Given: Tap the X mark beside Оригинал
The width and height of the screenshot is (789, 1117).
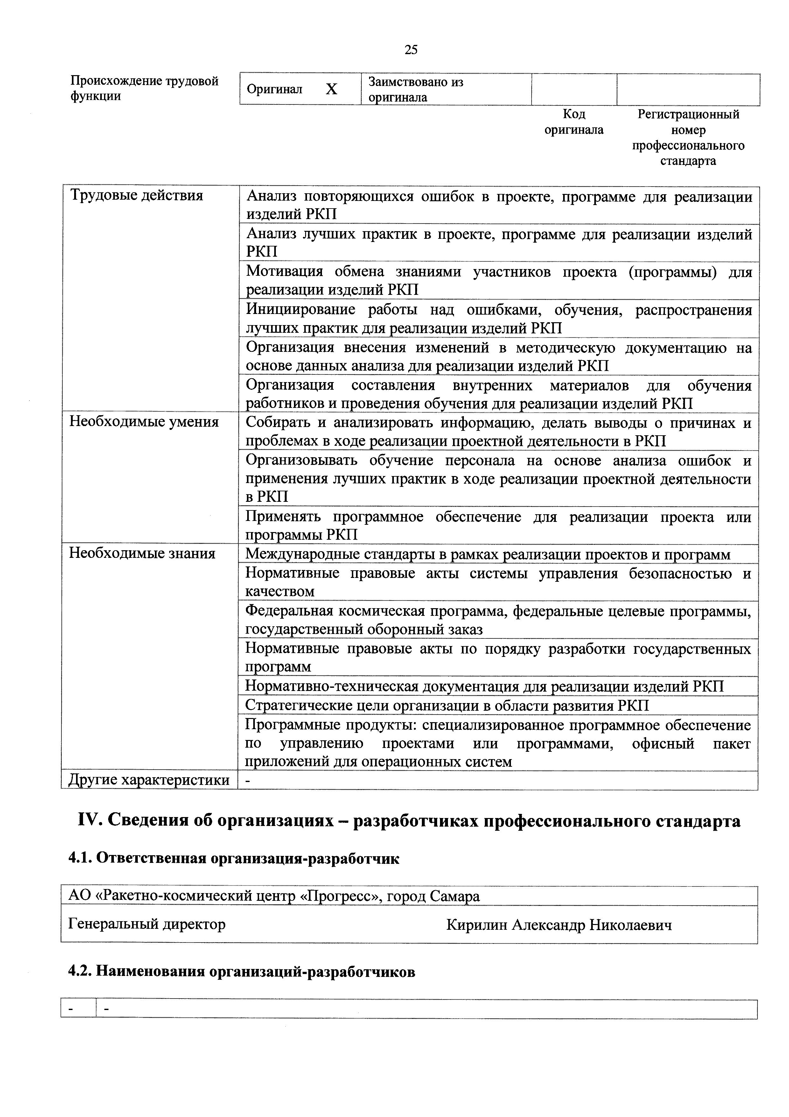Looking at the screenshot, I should (x=331, y=89).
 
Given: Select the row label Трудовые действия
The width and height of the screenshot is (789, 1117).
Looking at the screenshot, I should (x=136, y=196).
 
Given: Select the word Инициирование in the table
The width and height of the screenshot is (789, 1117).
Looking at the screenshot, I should (x=300, y=309).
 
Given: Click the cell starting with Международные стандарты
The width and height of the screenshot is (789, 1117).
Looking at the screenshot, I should (x=488, y=554).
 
